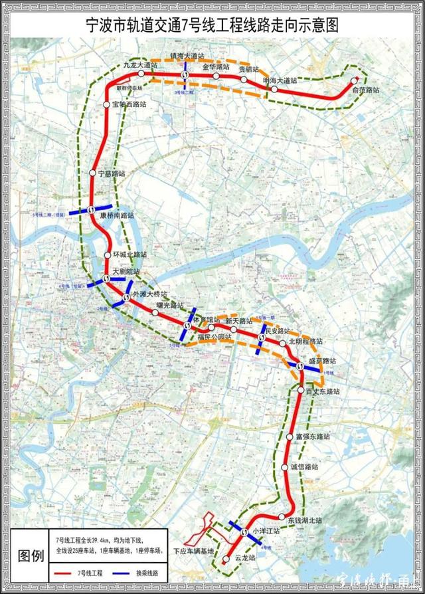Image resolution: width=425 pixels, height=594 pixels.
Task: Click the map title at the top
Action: (x=212, y=25)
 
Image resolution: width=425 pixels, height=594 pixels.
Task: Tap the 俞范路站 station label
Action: (x=365, y=90)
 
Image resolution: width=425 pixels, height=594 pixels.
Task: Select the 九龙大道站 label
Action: (x=141, y=65)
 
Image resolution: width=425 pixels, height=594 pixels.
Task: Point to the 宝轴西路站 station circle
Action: (x=106, y=105)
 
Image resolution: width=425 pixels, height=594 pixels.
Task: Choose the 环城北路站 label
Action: (x=129, y=255)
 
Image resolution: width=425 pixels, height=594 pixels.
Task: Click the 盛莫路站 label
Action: (x=322, y=361)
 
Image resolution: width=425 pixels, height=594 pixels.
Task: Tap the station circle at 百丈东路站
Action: (x=300, y=390)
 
